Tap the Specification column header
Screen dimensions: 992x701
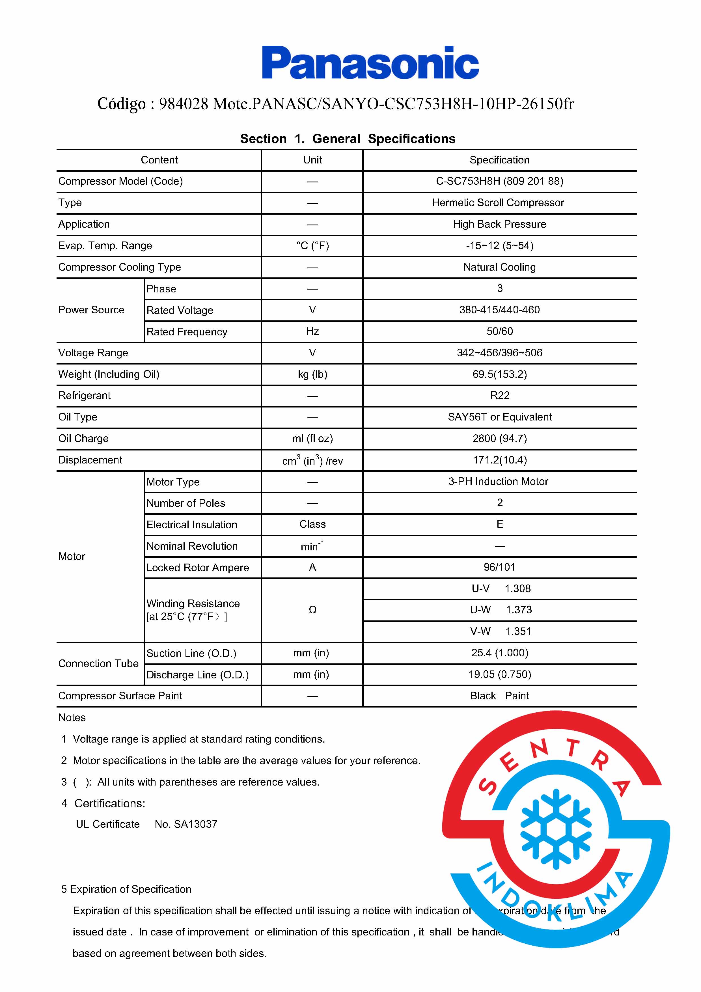[499, 160]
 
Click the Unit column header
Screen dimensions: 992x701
[312, 160]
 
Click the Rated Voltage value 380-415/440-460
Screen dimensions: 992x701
[499, 310]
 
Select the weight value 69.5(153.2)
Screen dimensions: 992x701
[499, 374]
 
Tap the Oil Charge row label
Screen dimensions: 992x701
[83, 439]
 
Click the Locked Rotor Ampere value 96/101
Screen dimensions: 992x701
[499, 567]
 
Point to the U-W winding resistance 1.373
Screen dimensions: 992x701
[518, 610]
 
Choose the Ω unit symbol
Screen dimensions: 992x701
[312, 610]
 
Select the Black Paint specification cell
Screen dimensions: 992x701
[499, 696]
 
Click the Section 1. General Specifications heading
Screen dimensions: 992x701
[348, 139]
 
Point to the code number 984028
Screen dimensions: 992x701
[184, 104]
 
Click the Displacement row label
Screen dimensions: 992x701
[90, 460]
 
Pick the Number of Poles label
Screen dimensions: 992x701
[186, 503]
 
